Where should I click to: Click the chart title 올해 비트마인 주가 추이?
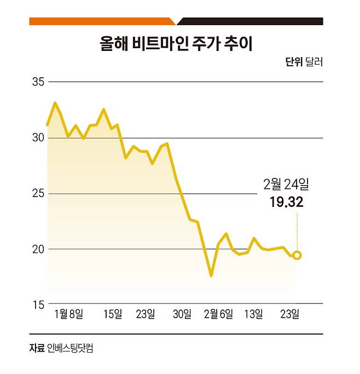176,44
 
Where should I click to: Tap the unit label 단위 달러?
304,62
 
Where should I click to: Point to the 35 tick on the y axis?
38,82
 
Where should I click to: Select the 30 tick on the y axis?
38,138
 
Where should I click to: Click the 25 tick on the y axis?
38,194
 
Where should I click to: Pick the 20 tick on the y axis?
38,249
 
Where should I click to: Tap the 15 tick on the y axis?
38,304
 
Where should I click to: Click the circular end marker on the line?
297,255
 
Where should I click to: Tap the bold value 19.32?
286,203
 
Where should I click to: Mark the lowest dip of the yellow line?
211,275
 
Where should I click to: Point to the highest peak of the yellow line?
55,103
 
